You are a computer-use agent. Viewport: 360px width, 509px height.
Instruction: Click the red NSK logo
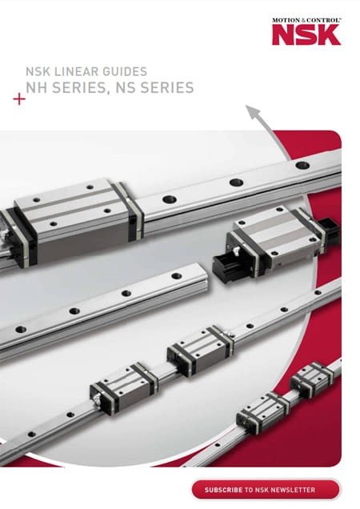click(x=306, y=34)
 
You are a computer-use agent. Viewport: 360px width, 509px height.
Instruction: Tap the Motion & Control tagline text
click(x=306, y=20)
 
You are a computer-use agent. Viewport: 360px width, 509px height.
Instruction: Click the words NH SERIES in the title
click(x=66, y=88)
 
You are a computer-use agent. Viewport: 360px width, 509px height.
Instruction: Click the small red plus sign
click(x=19, y=99)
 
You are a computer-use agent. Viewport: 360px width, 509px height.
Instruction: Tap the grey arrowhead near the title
click(x=254, y=111)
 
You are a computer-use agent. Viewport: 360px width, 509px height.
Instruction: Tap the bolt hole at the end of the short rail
click(x=177, y=276)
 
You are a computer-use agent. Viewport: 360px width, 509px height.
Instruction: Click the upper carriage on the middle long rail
click(x=200, y=351)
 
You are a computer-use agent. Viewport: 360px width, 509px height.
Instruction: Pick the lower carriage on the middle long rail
click(x=124, y=387)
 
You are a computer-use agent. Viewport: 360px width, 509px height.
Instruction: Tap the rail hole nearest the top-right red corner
click(x=302, y=165)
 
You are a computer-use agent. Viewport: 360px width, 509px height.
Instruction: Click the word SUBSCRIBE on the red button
click(x=223, y=490)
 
